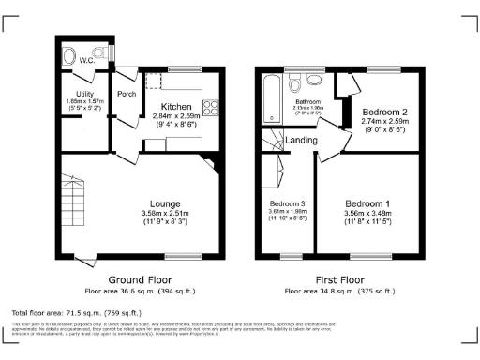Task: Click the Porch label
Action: coord(127,95)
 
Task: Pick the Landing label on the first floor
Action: coord(302,142)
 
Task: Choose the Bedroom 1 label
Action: coord(367,203)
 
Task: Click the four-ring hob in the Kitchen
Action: coord(212,107)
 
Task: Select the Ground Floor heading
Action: coord(138,279)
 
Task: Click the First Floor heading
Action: coord(340,279)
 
